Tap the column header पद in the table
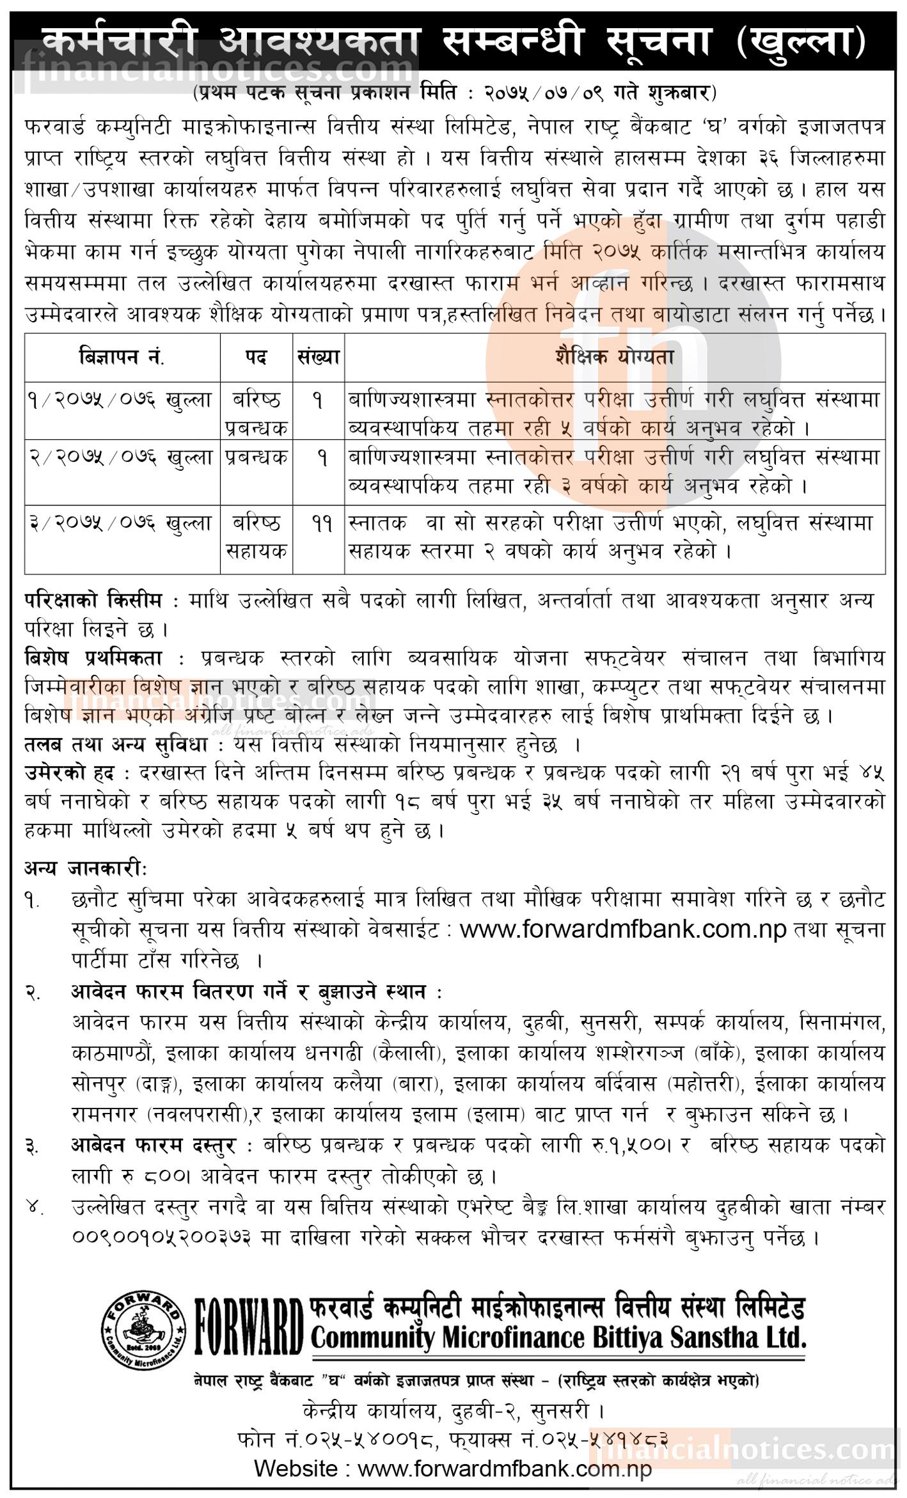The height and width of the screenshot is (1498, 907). click(255, 357)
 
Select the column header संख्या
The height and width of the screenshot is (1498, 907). click(318, 357)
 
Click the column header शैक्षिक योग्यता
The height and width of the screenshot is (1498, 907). click(614, 357)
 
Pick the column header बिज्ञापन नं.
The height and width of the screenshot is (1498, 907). click(122, 357)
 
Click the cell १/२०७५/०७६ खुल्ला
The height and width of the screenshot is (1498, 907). click(120, 401)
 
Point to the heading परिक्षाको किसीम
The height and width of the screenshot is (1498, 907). click(102, 601)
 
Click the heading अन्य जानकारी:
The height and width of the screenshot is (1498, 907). click(86, 869)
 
